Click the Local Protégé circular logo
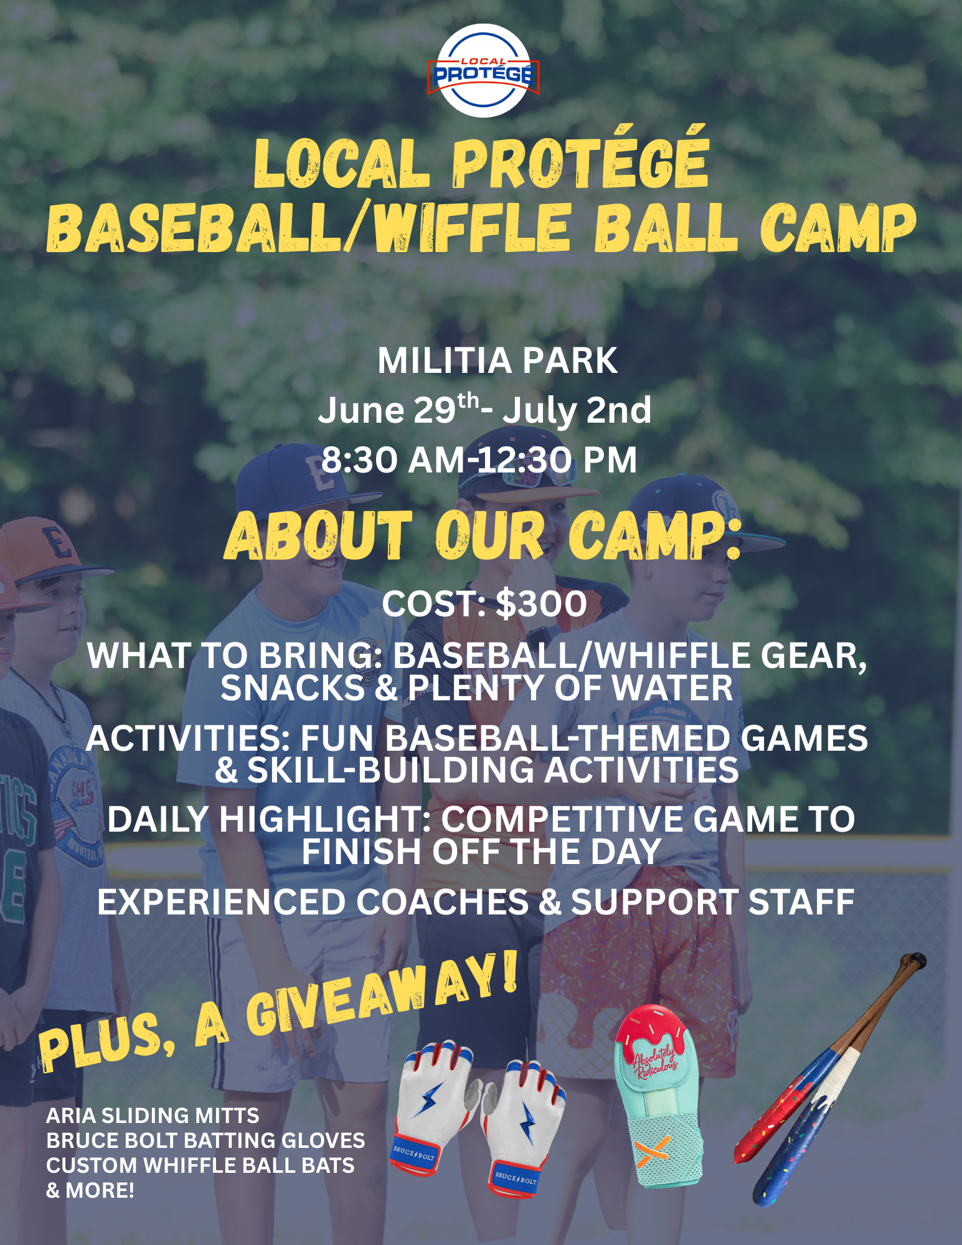[x=483, y=71]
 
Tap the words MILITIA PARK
[x=497, y=361]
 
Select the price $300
[x=542, y=604]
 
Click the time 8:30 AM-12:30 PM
[x=479, y=461]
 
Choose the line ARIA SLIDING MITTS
[x=153, y=1116]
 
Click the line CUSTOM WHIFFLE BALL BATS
[x=200, y=1165]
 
